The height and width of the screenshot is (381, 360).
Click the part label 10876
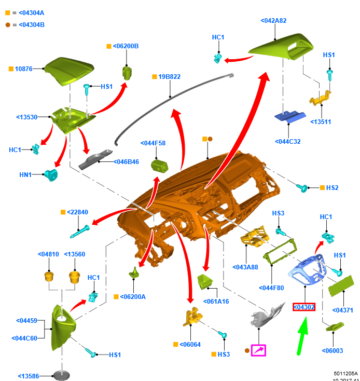click(x=24, y=69)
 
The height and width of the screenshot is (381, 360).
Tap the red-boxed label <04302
click(x=304, y=307)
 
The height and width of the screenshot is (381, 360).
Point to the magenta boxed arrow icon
click(x=258, y=350)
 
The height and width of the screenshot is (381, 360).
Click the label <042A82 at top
click(x=273, y=21)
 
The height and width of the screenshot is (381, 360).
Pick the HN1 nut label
click(x=25, y=175)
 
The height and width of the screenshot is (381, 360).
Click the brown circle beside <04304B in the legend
click(x=7, y=24)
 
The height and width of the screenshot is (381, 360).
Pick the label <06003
click(x=333, y=350)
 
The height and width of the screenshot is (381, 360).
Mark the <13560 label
click(x=75, y=254)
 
